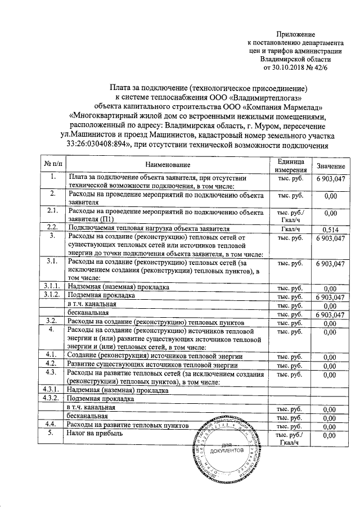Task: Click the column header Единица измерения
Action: coord(290,164)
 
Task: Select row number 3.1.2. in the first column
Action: coord(52,295)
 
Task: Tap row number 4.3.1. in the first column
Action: coord(52,389)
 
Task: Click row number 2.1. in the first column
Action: coord(52,211)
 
